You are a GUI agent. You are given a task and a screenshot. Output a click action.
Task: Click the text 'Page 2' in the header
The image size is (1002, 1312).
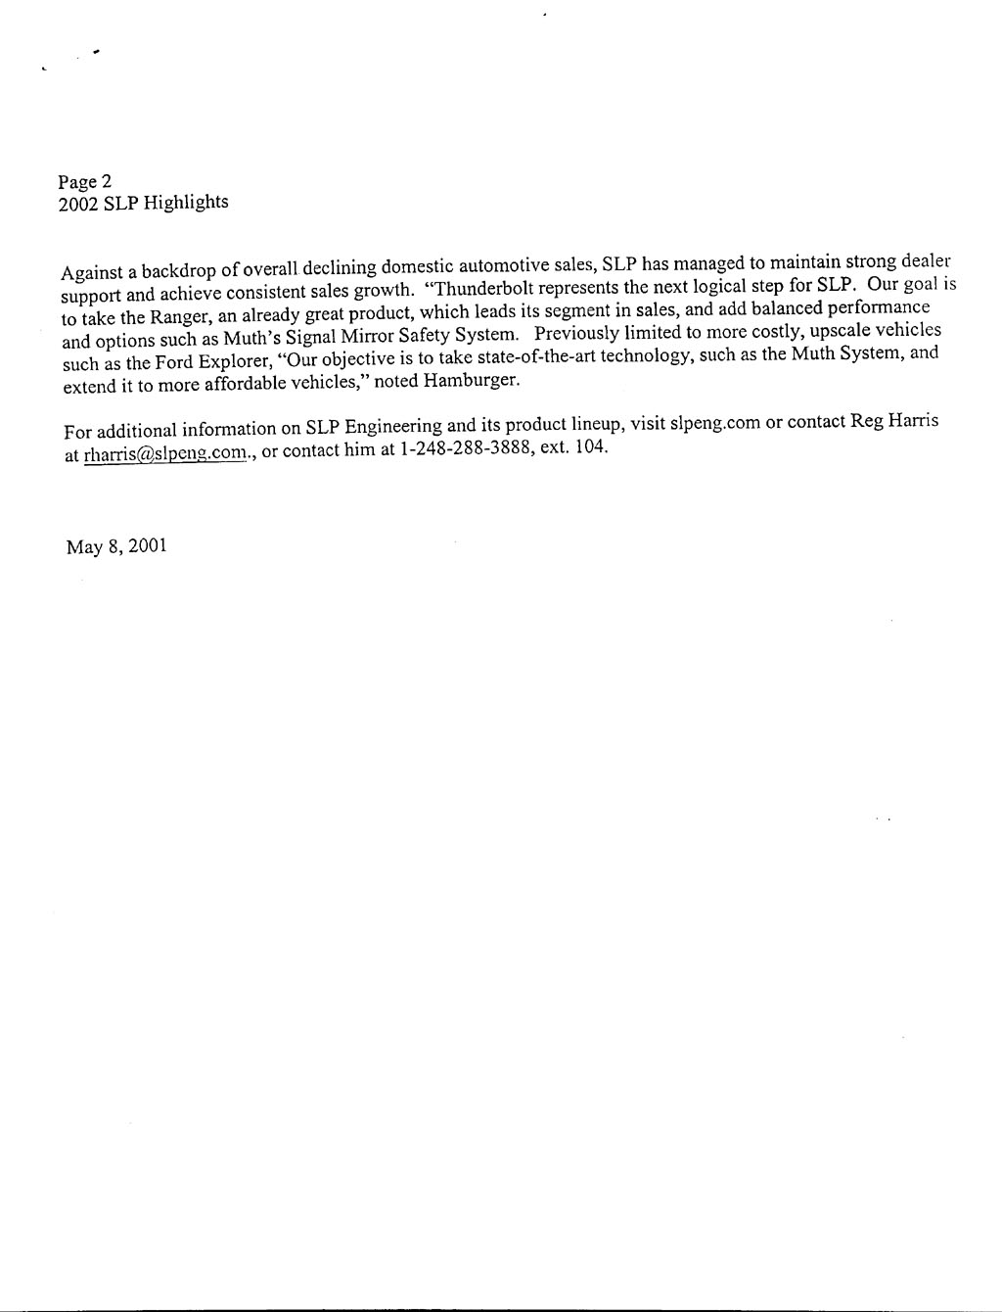pos(85,181)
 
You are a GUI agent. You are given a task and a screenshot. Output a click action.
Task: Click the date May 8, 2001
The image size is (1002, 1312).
pos(116,546)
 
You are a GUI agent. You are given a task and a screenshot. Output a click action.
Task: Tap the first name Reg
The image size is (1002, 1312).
pos(867,422)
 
